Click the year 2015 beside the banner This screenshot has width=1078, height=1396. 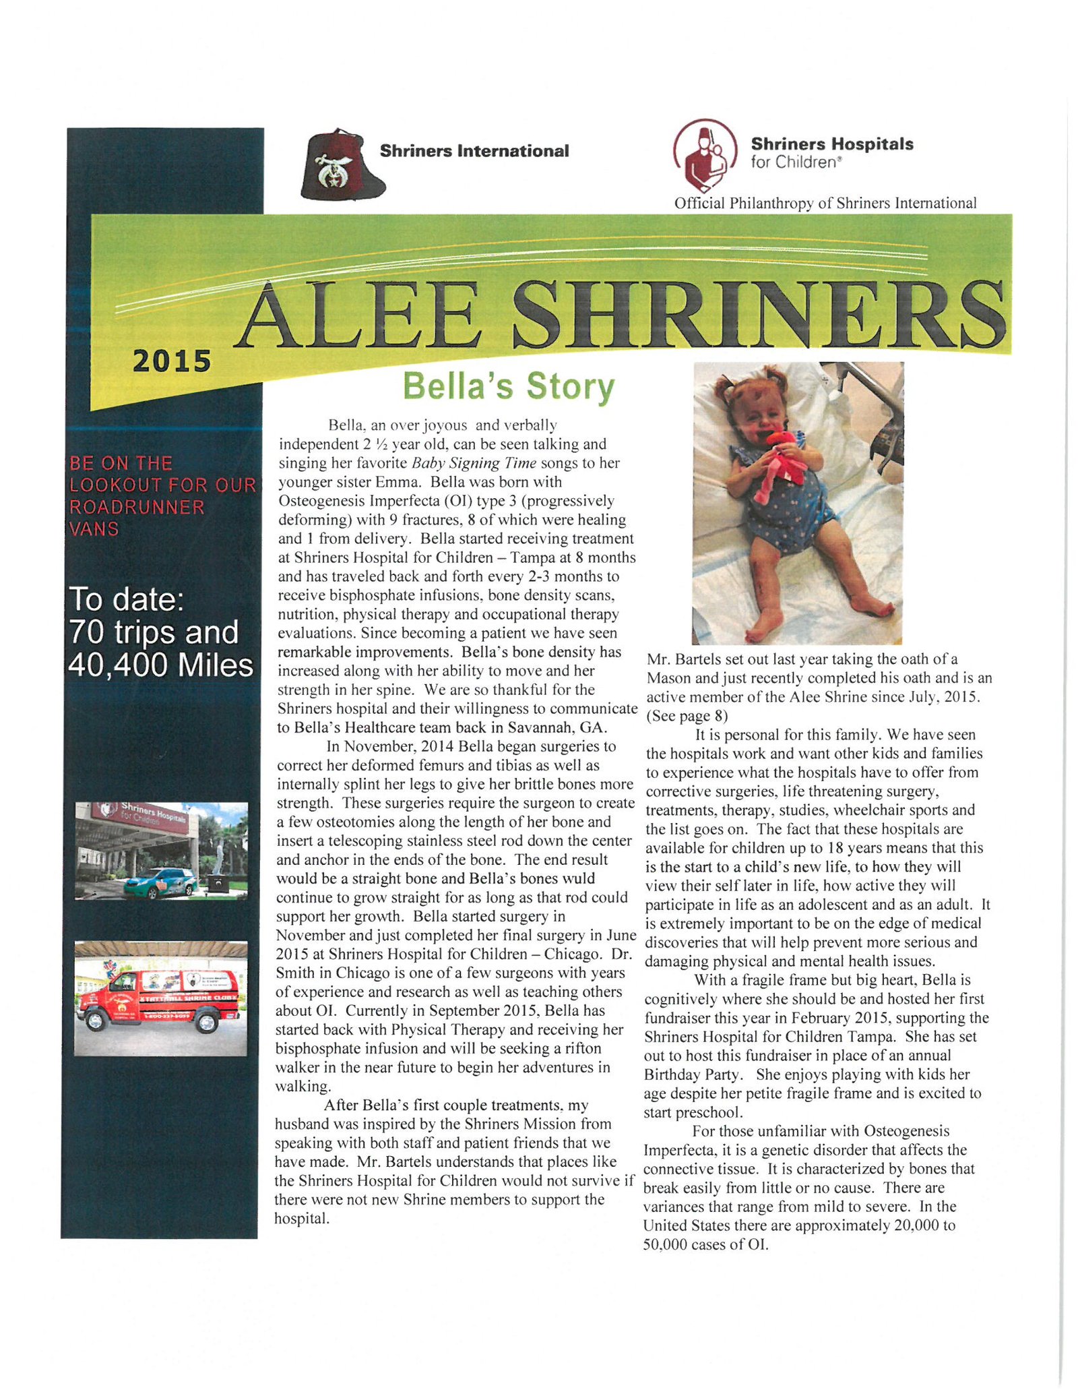172,361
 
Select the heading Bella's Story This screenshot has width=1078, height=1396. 508,386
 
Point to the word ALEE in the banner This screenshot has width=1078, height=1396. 360,315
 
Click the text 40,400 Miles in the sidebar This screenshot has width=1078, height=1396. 161,665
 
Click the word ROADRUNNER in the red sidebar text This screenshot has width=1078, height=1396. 137,507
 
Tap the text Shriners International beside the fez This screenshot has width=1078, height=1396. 474,151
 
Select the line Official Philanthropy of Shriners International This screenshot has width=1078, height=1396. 825,203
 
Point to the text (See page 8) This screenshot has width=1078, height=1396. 687,716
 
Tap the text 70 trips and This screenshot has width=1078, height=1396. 154,632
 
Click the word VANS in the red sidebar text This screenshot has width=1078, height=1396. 94,529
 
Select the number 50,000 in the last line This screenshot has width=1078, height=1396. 664,1244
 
